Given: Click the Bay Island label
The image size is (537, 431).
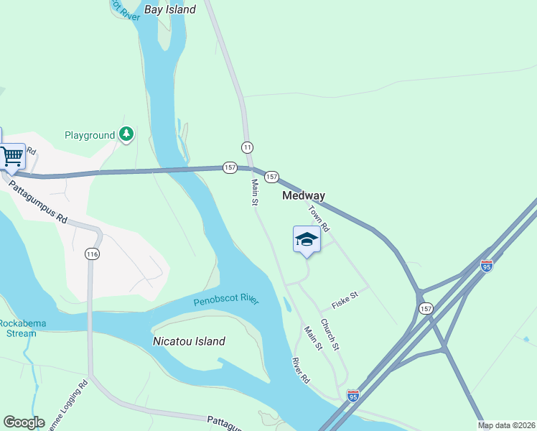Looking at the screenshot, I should tap(170, 10).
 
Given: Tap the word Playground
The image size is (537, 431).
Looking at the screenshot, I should tap(90, 135).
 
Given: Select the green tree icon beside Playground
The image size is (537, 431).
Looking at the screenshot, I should tap(127, 134).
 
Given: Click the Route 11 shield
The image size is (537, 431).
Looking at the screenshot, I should tap(248, 147).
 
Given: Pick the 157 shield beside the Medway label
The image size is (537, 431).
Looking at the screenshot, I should tap(271, 177).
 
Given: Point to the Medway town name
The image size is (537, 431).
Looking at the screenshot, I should tap(304, 195).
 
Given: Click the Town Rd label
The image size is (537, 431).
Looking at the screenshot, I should tap(319, 218).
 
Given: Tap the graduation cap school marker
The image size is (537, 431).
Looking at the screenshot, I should tap(307, 240).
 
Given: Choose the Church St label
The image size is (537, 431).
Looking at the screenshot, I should tap(330, 334).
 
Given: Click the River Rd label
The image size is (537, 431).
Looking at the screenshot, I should tap(301, 370).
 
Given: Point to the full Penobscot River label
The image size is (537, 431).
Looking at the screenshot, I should tap(226, 301).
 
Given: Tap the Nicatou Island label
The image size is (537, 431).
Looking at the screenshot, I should tap(190, 342).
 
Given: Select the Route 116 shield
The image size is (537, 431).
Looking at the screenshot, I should tap(91, 254).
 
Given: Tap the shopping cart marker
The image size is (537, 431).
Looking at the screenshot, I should tap(11, 155).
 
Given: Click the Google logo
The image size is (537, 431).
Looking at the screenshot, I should tap(24, 422).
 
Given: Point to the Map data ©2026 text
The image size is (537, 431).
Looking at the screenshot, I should tap(506, 425).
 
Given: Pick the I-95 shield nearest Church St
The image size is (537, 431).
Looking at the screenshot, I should tap(352, 396).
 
